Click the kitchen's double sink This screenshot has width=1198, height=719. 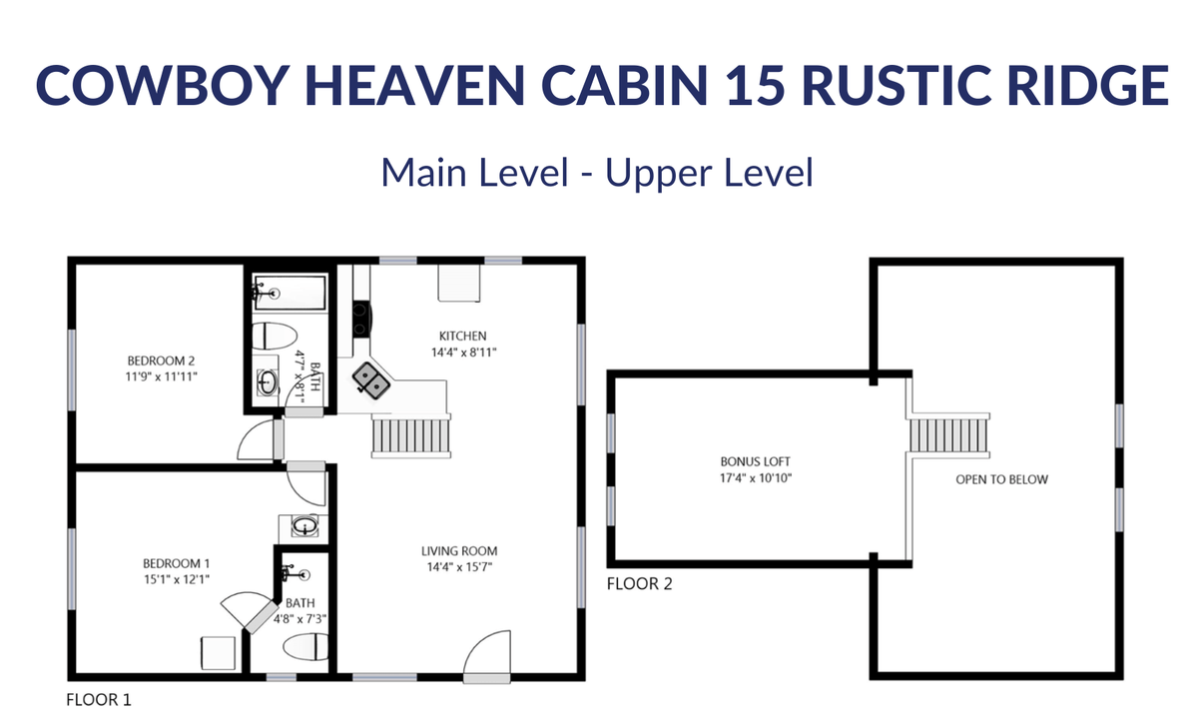pyautogui.click(x=371, y=380)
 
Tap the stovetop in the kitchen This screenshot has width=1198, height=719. pyautogui.click(x=361, y=320)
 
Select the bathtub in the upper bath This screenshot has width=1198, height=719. pyautogui.click(x=290, y=293)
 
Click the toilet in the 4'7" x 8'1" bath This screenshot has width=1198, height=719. pyautogui.click(x=274, y=337)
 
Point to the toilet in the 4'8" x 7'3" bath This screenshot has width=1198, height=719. pyautogui.click(x=304, y=646)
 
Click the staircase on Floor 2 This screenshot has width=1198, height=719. pyautogui.click(x=949, y=435)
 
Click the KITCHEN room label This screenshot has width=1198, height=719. pyautogui.click(x=462, y=336)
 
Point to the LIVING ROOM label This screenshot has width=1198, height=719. pyautogui.click(x=459, y=551)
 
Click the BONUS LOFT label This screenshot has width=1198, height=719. pyautogui.click(x=755, y=461)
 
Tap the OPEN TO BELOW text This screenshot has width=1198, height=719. pyautogui.click(x=1001, y=479)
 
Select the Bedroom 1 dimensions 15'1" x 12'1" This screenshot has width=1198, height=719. pyautogui.click(x=177, y=579)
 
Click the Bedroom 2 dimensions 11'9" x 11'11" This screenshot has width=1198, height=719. pyautogui.click(x=161, y=376)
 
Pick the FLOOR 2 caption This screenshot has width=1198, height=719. pyautogui.click(x=639, y=583)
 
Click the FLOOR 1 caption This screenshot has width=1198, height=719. pyautogui.click(x=99, y=700)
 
